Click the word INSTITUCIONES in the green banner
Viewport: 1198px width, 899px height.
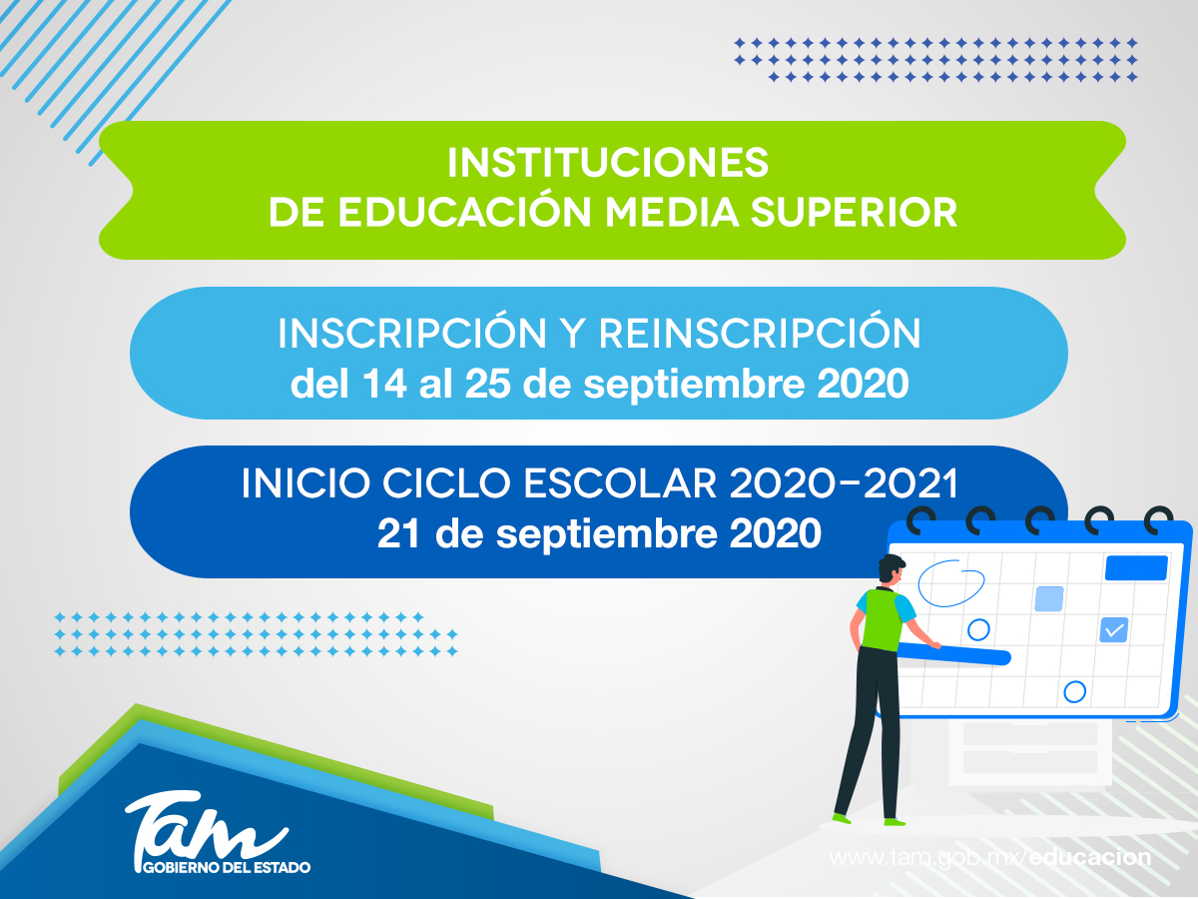608,162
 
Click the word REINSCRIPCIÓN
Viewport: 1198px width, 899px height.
759,335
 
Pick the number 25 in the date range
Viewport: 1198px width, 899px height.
485,385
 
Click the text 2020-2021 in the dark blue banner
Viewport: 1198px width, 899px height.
844,484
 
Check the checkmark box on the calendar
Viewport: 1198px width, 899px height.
1113,629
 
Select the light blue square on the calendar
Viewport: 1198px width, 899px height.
1048,598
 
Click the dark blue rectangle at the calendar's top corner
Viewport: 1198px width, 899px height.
1135,568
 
